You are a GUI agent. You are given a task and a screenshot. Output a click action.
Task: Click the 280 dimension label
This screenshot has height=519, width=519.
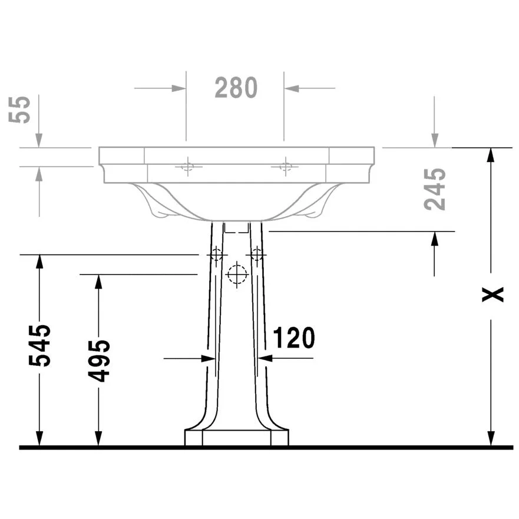pyautogui.click(x=236, y=88)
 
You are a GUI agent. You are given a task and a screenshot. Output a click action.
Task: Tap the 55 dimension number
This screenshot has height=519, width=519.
pyautogui.click(x=22, y=109)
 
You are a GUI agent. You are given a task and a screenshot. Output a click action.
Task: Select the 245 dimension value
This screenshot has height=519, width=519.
pyautogui.click(x=436, y=189)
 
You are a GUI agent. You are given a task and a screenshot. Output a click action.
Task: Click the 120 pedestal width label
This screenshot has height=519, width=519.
pyautogui.click(x=293, y=338)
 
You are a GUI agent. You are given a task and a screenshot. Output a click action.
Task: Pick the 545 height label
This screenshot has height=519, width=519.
pyautogui.click(x=41, y=345)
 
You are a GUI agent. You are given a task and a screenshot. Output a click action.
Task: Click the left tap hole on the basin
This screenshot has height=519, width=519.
pyautogui.click(x=187, y=166)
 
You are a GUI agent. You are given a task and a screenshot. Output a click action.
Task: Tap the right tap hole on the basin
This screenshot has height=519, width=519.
pyautogui.click(x=285, y=166)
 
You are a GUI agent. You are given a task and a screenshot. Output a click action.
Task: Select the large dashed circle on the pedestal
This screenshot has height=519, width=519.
pyautogui.click(x=237, y=275)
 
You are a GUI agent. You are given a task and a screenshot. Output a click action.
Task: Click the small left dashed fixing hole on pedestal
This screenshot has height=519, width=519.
pyautogui.click(x=216, y=254)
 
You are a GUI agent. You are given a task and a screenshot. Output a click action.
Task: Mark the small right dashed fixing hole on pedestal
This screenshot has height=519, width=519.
pyautogui.click(x=257, y=254)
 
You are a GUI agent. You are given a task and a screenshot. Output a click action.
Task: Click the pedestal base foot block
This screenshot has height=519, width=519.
pyautogui.click(x=237, y=438)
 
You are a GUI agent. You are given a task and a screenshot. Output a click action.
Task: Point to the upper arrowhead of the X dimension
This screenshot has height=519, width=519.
pyautogui.click(x=490, y=155)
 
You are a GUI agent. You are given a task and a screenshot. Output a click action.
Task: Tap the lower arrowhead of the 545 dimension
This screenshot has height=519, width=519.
pyautogui.click(x=39, y=439)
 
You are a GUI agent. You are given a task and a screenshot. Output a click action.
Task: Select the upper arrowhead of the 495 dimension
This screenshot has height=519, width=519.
pyautogui.click(x=98, y=282)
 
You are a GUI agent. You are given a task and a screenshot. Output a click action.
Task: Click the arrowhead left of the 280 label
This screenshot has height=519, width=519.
pyautogui.click(x=178, y=88)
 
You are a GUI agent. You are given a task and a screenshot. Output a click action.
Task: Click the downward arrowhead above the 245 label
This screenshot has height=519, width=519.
pyautogui.click(x=435, y=140)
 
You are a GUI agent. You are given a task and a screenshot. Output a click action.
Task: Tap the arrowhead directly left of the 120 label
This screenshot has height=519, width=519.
pyautogui.click(x=264, y=358)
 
